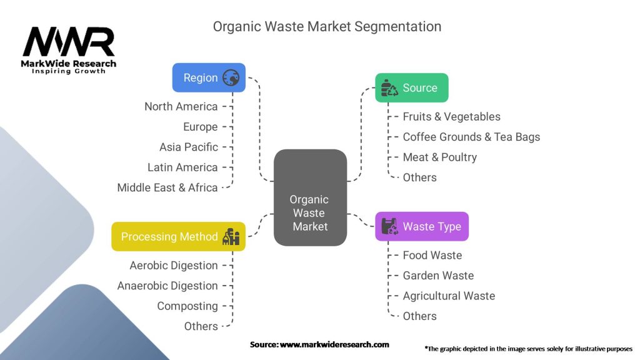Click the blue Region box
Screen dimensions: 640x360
click(209, 77)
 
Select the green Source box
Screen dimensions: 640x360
click(412, 87)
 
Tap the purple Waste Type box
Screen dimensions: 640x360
click(422, 226)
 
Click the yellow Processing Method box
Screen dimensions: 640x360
click(178, 237)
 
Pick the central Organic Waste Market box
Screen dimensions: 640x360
click(310, 197)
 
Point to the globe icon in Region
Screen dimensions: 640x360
click(231, 77)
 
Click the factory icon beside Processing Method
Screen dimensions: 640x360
click(231, 237)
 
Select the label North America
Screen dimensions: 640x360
click(181, 106)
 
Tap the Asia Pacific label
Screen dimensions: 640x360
click(189, 147)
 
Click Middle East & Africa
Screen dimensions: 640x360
click(167, 187)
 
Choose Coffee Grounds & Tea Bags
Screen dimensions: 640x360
click(471, 137)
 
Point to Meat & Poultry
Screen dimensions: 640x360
click(440, 157)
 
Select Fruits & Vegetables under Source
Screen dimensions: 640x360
click(451, 117)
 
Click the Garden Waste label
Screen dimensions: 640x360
click(438, 276)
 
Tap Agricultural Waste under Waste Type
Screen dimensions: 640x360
click(449, 296)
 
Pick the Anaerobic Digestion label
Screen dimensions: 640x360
click(167, 286)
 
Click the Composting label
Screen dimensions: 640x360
click(187, 306)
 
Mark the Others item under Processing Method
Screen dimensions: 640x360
click(201, 326)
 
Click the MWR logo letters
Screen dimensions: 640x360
click(69, 41)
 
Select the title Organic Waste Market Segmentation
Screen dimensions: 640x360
click(327, 26)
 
